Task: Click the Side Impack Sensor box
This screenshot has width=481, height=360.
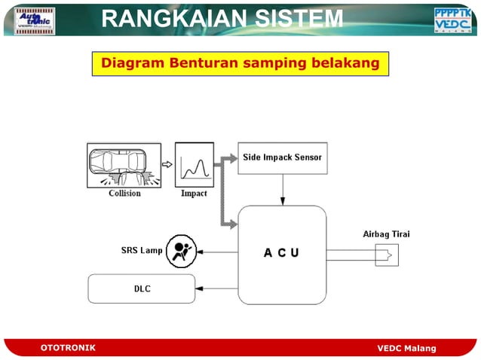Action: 282,158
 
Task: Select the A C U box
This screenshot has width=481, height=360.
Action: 282,254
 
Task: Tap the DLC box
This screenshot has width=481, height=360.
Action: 141,288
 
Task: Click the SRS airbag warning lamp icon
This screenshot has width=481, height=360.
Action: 181,250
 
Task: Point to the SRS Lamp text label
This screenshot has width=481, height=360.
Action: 142,250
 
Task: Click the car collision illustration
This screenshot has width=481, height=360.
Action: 124,165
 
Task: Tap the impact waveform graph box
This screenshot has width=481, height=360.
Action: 194,165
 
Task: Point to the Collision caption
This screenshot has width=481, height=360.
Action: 124,194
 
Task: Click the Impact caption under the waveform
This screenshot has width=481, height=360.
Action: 194,194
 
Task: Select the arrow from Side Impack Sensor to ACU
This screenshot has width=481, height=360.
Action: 283,190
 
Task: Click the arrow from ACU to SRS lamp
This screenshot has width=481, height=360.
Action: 217,253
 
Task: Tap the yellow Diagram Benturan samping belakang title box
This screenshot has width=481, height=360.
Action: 240,63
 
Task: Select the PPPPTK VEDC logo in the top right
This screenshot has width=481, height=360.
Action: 454,20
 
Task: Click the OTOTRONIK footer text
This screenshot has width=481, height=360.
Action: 68,347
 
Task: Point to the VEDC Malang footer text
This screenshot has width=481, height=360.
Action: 406,347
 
